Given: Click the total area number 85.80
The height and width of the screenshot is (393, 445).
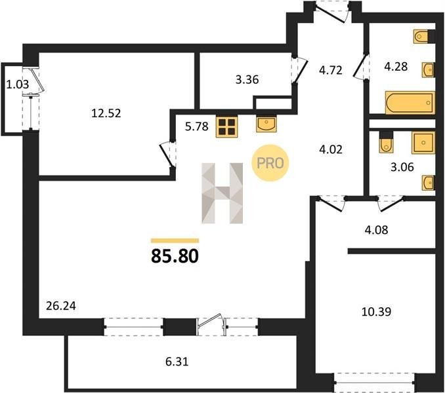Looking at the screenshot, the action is click(x=175, y=256).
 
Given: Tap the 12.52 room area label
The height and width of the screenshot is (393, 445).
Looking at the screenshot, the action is click(x=106, y=113).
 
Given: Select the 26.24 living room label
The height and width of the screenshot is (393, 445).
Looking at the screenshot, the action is click(x=61, y=306).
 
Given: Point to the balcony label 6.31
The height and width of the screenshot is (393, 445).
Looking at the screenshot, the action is click(x=177, y=362).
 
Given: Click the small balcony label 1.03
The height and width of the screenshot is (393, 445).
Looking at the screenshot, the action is click(x=18, y=84).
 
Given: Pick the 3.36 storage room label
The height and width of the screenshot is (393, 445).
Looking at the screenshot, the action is click(x=247, y=79).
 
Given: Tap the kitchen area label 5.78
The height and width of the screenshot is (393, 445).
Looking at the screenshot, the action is click(x=197, y=126).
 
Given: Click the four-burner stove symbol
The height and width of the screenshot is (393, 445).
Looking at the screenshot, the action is click(x=226, y=127).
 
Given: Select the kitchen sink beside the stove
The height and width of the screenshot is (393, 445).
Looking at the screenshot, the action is click(x=266, y=124).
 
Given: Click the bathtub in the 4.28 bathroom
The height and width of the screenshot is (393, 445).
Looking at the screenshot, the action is click(x=410, y=102).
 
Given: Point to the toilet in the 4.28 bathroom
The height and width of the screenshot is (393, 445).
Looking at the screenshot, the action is click(x=421, y=36).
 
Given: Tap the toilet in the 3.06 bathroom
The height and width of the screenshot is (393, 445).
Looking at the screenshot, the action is click(x=385, y=142).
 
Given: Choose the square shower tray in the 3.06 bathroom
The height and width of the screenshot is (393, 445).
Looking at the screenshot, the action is click(x=423, y=143).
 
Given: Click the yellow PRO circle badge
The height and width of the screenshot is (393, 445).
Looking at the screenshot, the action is click(x=270, y=163).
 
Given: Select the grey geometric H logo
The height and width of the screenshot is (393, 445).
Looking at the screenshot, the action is click(x=222, y=193).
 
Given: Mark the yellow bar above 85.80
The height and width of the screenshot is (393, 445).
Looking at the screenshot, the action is click(x=175, y=240).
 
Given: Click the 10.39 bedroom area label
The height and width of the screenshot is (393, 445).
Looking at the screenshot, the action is click(x=376, y=312).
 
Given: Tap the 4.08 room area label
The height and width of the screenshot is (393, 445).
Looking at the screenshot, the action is click(x=376, y=230).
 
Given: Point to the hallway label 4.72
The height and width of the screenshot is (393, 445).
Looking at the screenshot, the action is click(x=331, y=70).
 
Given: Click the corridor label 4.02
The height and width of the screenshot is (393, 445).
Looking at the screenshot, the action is click(x=331, y=149).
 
